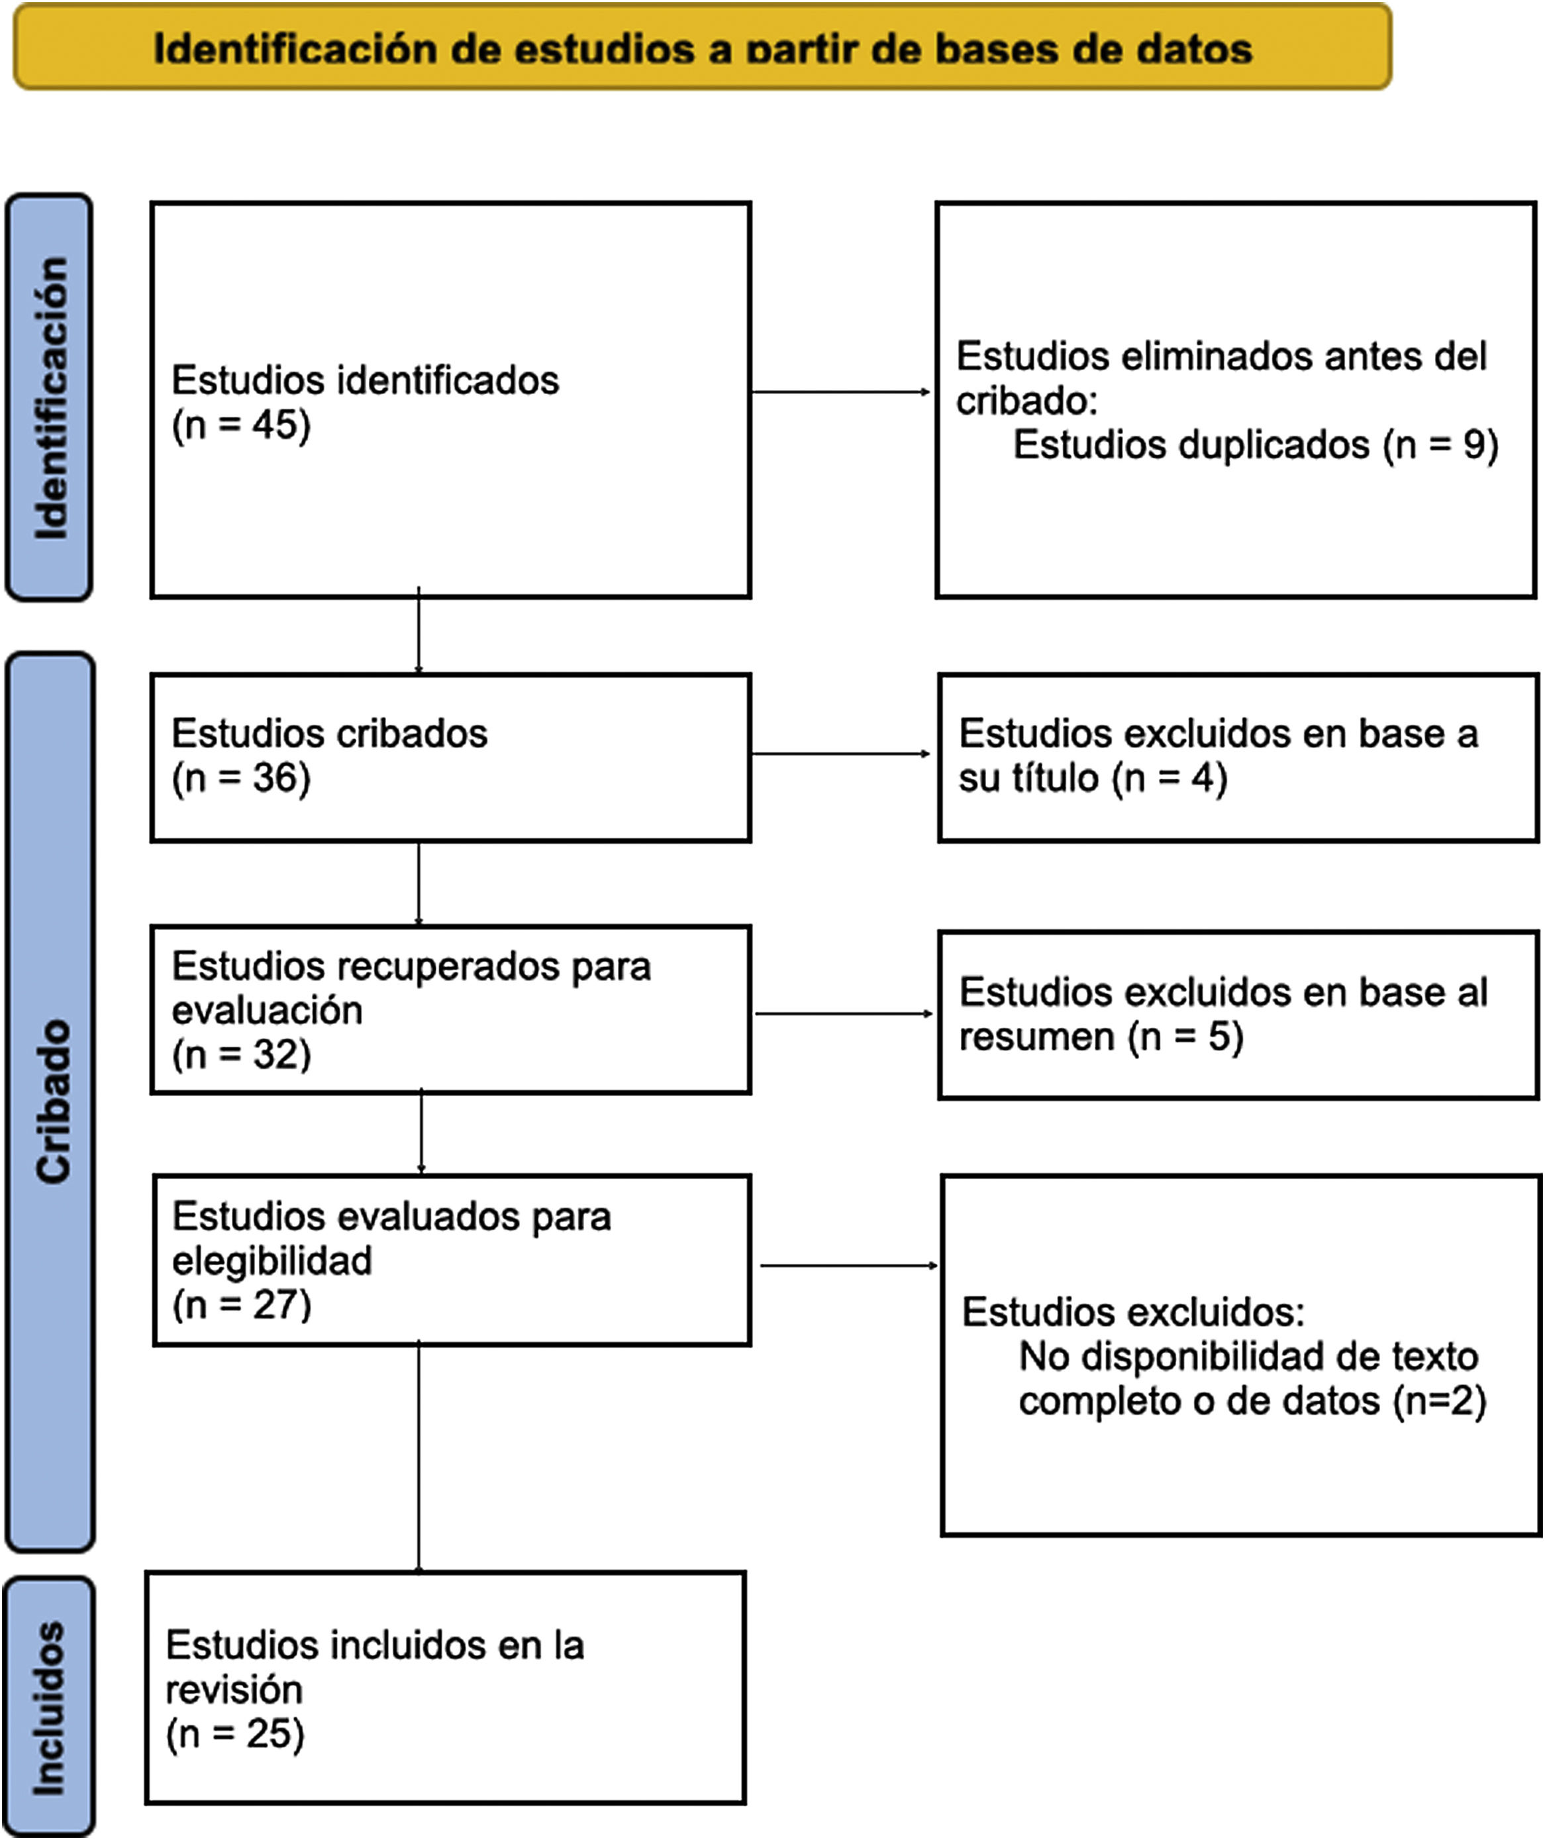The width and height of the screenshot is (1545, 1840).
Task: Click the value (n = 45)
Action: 241,426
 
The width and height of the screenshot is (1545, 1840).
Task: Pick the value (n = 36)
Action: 241,778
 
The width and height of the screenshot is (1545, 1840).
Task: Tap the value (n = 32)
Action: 241,1054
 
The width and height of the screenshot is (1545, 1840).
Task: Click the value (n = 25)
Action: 234,1733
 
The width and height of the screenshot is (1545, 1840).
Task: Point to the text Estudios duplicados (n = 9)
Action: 1255,445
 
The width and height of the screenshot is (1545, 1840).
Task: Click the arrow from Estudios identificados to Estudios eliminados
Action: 841,391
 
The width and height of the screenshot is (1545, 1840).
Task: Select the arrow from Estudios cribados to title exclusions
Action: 841,754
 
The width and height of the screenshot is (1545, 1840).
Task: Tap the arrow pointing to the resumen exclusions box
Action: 844,1014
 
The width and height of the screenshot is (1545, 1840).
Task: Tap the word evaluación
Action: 267,1010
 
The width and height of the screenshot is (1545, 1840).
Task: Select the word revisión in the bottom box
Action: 234,1689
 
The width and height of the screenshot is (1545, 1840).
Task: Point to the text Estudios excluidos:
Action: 1132,1311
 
